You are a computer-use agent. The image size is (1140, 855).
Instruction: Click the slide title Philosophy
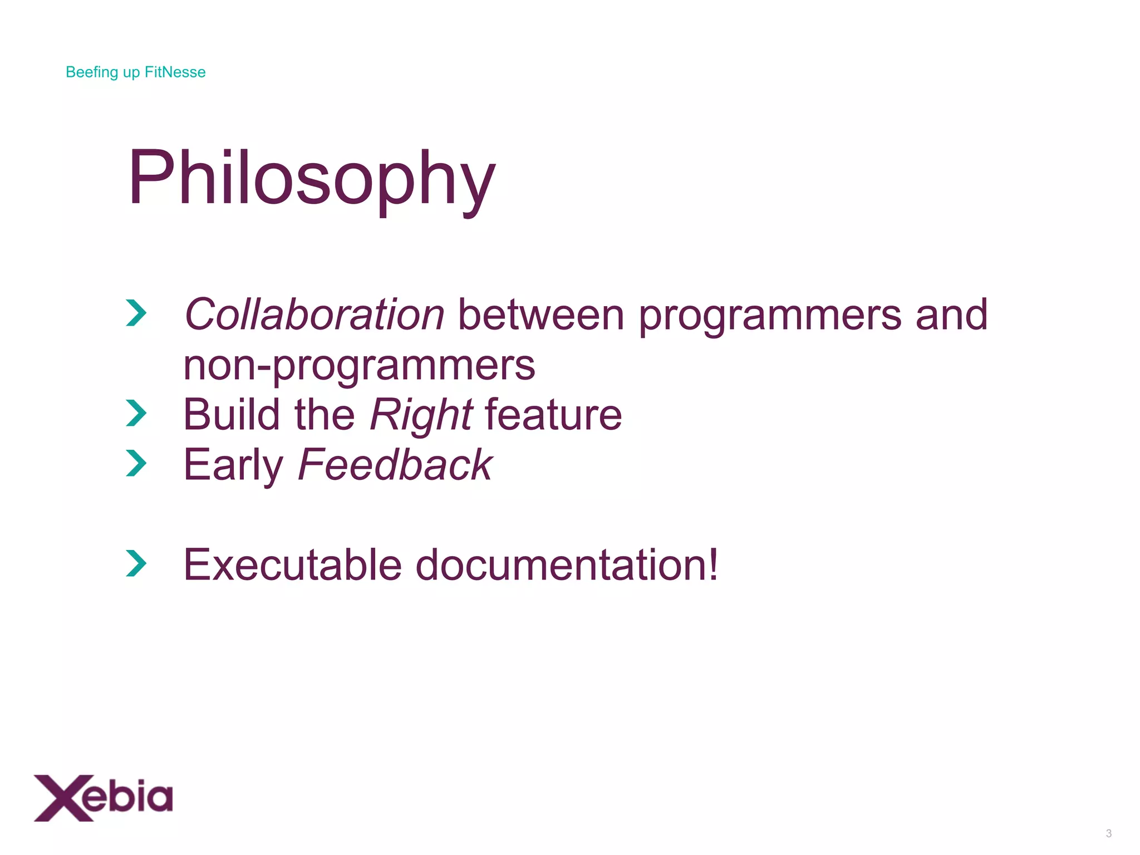point(312,179)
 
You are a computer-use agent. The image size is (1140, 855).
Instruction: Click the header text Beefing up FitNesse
point(135,72)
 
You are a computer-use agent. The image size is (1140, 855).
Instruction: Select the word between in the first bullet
point(540,315)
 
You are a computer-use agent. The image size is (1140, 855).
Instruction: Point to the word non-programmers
point(359,366)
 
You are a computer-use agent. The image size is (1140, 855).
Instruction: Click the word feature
point(553,415)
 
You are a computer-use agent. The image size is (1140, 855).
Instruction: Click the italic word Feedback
point(395,465)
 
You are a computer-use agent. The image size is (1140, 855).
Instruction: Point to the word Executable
point(292,565)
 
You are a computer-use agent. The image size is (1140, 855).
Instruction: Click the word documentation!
point(567,565)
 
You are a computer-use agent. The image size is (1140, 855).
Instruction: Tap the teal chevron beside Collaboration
point(136,313)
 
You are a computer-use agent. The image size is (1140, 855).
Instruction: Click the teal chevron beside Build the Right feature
point(136,413)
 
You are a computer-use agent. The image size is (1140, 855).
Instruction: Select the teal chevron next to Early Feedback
point(136,463)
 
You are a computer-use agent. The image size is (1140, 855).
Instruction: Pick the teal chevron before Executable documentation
point(136,563)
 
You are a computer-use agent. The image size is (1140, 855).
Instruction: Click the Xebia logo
point(104,798)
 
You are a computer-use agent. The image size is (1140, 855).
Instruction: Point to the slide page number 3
point(1108,833)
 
